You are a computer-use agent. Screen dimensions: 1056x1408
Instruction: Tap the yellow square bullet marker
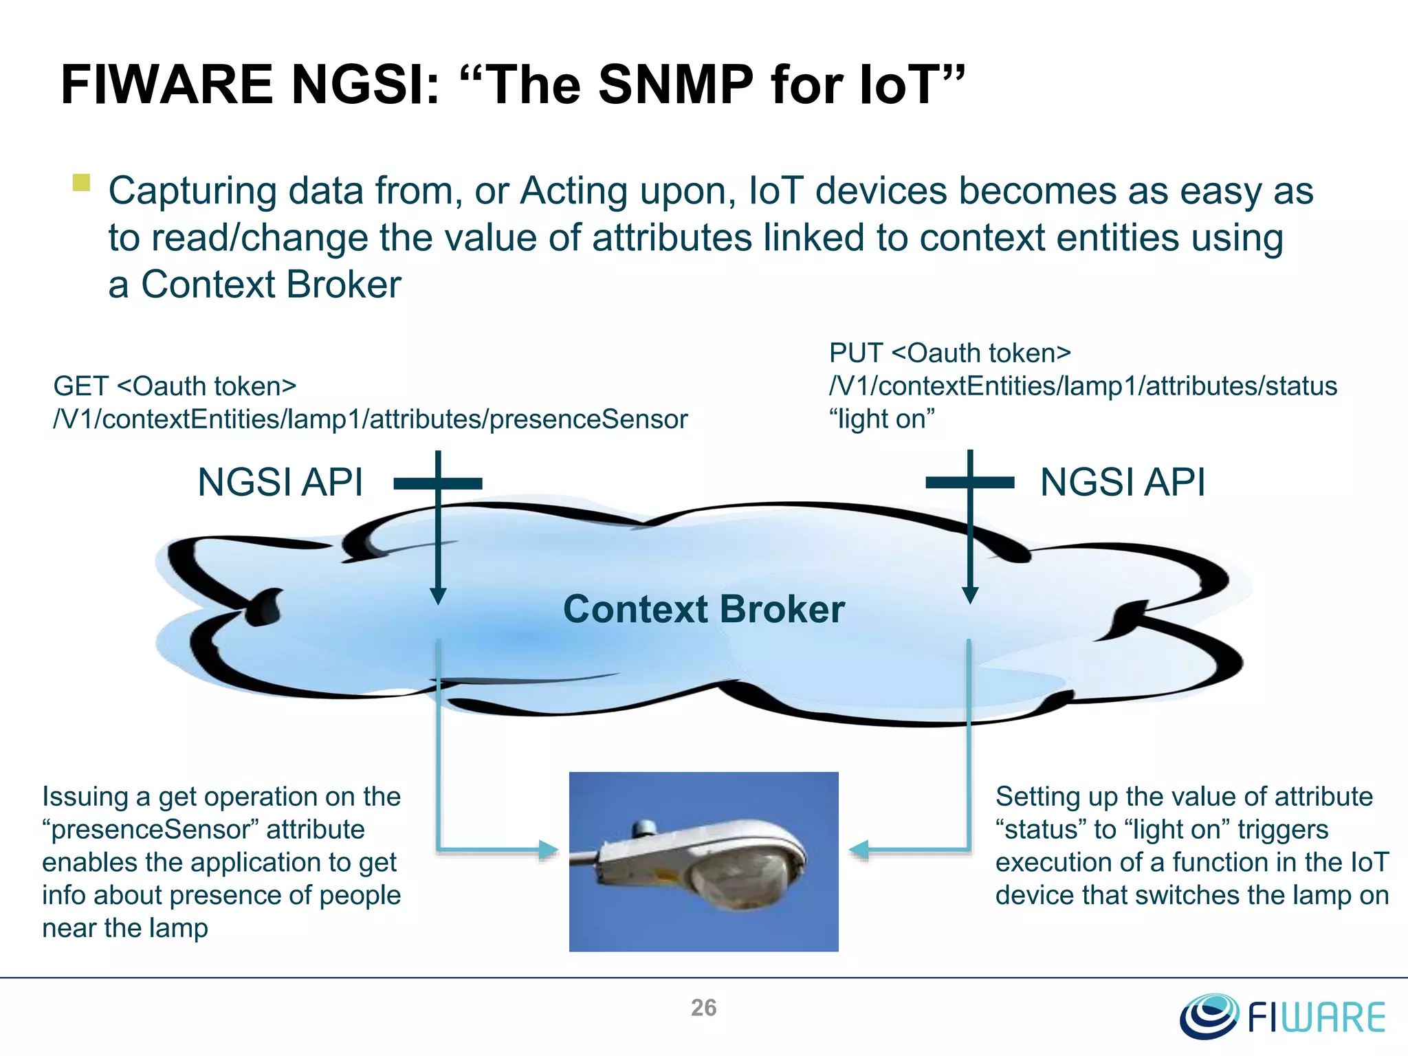coord(81,183)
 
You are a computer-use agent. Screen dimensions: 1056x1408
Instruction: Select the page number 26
coord(703,1008)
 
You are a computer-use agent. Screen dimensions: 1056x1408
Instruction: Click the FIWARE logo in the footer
coord(1282,1016)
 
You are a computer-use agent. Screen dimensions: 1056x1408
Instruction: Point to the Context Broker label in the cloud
coord(703,609)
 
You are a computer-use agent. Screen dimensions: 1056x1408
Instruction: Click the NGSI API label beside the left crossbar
coord(280,483)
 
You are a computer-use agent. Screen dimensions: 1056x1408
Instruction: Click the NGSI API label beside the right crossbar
coord(1122,483)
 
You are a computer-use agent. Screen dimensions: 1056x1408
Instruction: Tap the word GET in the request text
coord(80,386)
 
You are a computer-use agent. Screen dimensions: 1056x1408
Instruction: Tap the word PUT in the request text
coord(855,353)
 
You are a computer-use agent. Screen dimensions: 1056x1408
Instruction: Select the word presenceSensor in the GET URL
coord(588,419)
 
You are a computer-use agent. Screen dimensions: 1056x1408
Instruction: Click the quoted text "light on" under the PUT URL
coord(882,419)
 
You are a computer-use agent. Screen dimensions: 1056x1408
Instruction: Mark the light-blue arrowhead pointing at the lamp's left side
coord(548,850)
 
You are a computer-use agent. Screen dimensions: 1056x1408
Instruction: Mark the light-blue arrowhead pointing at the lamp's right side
coord(859,850)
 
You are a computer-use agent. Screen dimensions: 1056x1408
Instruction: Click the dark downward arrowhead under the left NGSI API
coord(438,595)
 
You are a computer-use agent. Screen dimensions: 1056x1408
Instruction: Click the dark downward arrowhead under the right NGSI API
coord(970,595)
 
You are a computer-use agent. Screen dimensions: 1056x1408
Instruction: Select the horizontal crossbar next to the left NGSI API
coord(438,484)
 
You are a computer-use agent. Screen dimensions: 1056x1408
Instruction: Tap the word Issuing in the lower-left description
coord(85,797)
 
